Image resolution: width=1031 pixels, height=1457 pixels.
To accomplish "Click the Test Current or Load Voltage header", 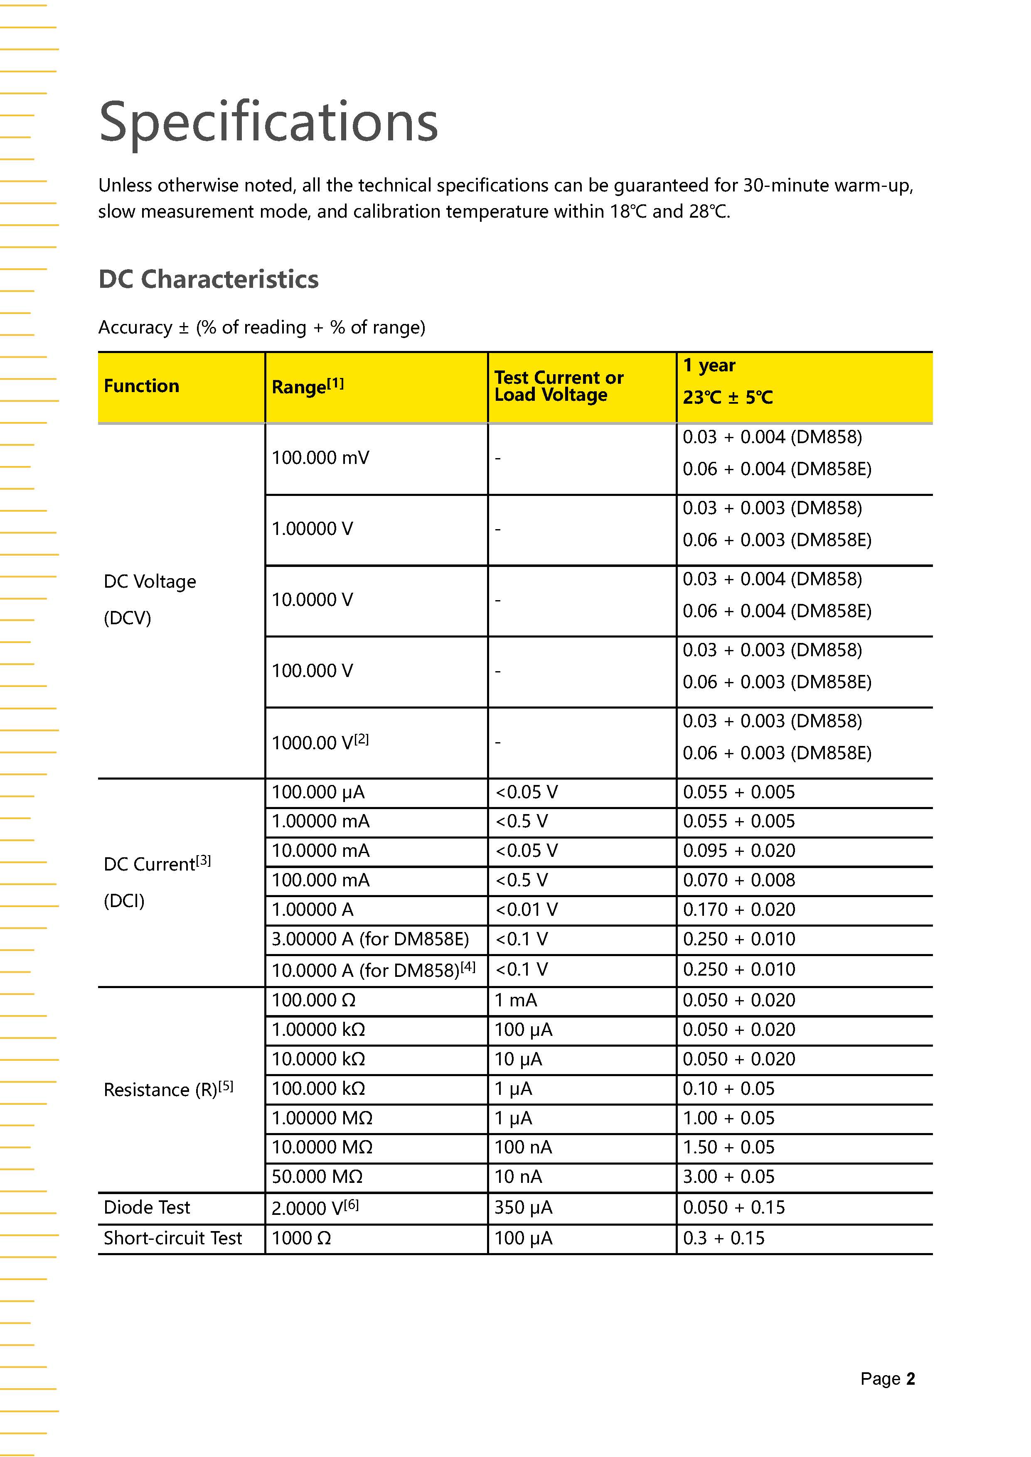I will coord(559,386).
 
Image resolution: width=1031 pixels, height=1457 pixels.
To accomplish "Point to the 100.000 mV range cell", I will coord(320,458).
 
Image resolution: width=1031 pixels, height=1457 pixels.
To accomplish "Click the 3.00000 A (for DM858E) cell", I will coord(370,939).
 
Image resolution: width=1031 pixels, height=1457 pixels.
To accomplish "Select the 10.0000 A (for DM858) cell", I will coord(373,969).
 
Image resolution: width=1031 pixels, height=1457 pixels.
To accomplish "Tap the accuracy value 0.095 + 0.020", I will coord(738,850).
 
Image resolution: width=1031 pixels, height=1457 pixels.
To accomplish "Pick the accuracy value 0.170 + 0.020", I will coord(738,909).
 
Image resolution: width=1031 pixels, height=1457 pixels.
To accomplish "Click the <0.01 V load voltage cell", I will coord(526,909).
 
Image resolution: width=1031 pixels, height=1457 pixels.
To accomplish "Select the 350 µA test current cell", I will coord(523,1207).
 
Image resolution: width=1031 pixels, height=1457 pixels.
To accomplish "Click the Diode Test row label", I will coord(147,1207).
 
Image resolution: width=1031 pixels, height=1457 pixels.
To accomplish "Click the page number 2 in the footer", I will coord(910,1379).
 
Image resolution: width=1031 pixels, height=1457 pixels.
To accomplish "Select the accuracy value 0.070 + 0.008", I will coord(738,880).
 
